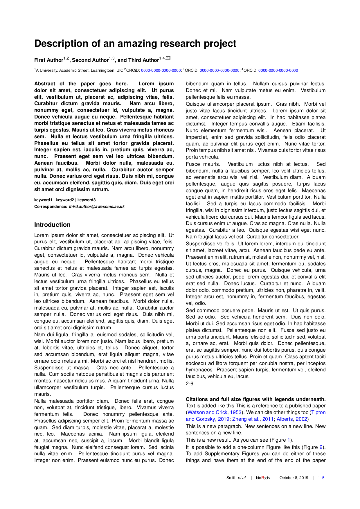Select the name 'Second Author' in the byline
tap(90, 60)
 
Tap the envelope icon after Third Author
tap(168, 58)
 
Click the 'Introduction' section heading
tap(52, 225)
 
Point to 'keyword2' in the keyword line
tap(65, 200)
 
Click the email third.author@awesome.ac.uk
tap(97, 206)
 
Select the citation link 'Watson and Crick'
tap(207, 412)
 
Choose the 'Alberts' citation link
tap(285, 419)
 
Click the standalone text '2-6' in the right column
tap(189, 384)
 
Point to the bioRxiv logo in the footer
tap(263, 478)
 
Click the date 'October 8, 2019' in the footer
tap(294, 478)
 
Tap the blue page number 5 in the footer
tap(323, 478)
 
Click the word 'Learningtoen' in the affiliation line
tap(105, 70)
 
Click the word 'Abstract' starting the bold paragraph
tap(44, 84)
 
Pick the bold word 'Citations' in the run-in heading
tap(197, 399)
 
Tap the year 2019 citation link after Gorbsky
tap(224, 419)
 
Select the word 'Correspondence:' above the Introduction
tap(51, 206)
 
